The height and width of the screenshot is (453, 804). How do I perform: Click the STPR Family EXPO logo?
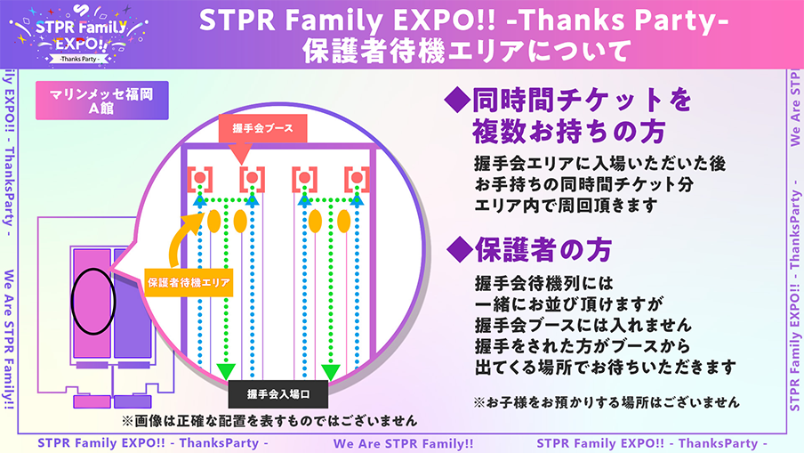[x=79, y=35]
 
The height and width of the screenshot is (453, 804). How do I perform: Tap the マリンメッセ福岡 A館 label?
[x=102, y=101]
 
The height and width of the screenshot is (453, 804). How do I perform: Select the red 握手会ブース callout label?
[x=262, y=128]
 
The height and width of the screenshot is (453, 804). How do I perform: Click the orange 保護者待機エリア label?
[x=189, y=282]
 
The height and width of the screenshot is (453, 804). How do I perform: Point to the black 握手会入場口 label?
[x=277, y=394]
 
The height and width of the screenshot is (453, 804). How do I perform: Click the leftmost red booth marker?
[x=200, y=179]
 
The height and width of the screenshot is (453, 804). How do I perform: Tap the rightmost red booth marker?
[x=357, y=179]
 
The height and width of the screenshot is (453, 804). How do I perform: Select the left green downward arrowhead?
[x=226, y=371]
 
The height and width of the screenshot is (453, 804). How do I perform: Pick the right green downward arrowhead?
[x=331, y=371]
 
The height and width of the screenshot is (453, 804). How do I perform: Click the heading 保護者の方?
[x=543, y=250]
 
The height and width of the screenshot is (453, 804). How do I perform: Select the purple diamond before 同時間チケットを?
[x=457, y=100]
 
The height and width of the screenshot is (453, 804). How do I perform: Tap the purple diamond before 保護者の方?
[x=460, y=250]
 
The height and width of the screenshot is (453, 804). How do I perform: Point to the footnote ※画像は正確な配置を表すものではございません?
[x=269, y=421]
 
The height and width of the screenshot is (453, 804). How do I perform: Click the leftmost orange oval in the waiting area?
[x=213, y=221]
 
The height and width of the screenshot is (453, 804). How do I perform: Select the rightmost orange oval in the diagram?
[x=344, y=221]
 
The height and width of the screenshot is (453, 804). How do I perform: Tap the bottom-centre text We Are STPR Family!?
[x=404, y=444]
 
